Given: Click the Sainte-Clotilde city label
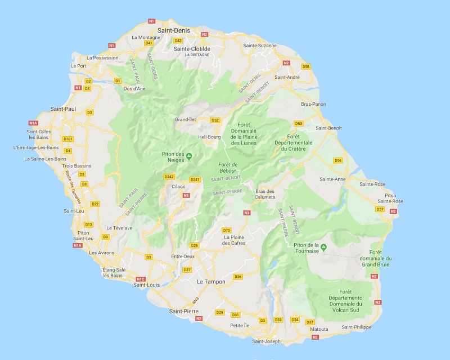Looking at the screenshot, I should (x=192, y=49).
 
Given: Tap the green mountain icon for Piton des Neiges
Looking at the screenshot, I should (x=189, y=156).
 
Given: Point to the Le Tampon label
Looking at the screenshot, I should (x=211, y=281).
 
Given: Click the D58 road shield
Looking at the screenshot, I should (x=306, y=66).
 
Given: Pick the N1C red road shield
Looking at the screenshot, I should (x=141, y=279).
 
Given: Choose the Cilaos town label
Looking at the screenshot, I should (x=178, y=186).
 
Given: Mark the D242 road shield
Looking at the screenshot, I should (x=169, y=177).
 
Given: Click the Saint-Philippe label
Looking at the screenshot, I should (x=356, y=327).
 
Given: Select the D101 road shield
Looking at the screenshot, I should (x=69, y=138).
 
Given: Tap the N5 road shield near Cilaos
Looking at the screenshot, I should (x=186, y=195).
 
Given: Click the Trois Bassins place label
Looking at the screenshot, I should (x=76, y=166).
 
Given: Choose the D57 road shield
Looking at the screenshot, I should (x=380, y=209).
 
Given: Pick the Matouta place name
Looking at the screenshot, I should (x=319, y=330).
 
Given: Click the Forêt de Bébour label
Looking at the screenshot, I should (x=227, y=167).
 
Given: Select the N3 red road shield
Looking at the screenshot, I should (x=246, y=213).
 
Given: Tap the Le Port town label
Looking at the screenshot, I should (x=78, y=66).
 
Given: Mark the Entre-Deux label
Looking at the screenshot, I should (x=182, y=256).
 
